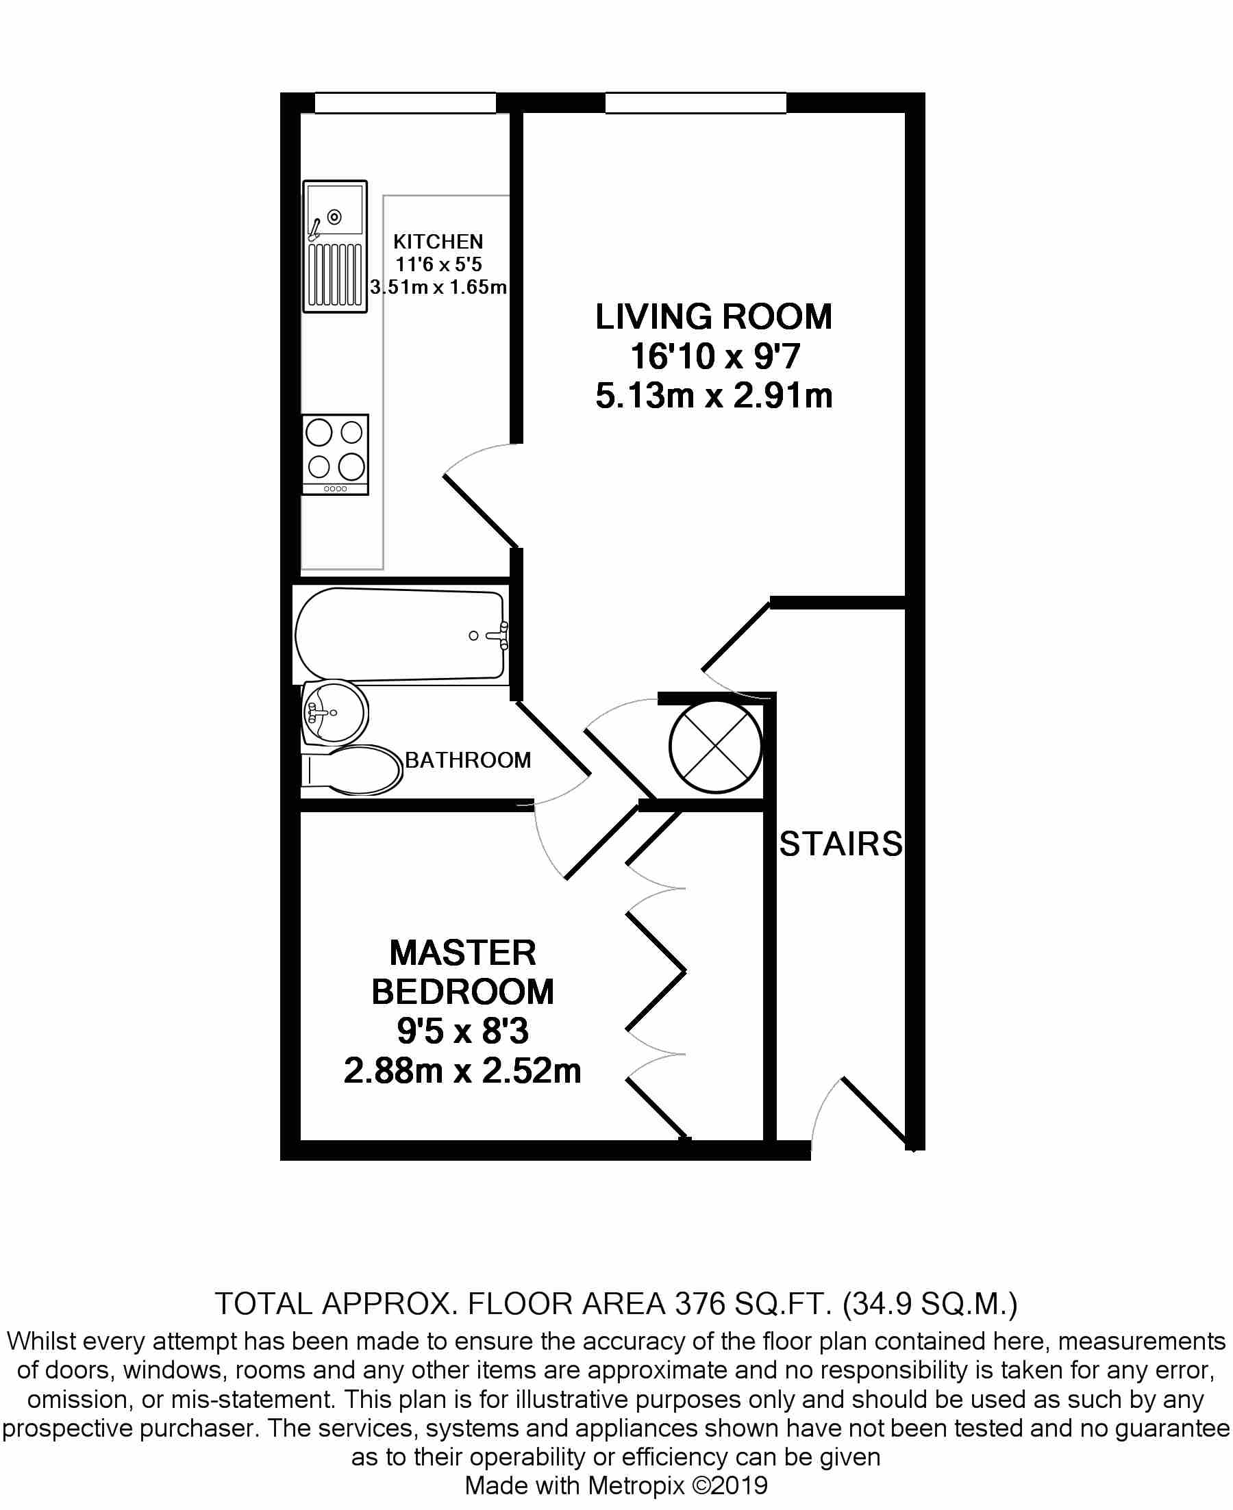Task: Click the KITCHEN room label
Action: [438, 242]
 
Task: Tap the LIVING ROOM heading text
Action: [713, 316]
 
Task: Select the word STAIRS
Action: [840, 844]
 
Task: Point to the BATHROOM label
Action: [467, 760]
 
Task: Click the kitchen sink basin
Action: [334, 210]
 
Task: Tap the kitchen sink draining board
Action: [334, 274]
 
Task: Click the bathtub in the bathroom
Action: [399, 634]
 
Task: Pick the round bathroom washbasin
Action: [334, 712]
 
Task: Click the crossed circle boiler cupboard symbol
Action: [714, 747]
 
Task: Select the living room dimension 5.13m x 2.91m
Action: [713, 396]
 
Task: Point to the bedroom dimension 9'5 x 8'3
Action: [462, 1031]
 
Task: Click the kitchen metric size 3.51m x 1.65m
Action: [438, 288]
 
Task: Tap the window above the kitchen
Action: [405, 103]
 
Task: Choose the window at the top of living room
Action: [695, 103]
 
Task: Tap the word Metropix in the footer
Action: [636, 1485]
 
